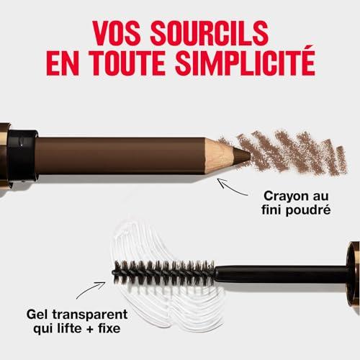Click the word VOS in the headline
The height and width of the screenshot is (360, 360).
(117, 33)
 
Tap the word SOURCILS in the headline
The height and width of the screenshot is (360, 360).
(210, 33)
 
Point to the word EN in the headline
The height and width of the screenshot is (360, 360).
(63, 63)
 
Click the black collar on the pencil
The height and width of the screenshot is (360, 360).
(22, 156)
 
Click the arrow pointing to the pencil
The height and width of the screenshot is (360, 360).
(232, 188)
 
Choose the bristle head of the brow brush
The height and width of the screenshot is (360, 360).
(163, 273)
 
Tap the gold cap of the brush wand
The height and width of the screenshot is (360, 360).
(354, 274)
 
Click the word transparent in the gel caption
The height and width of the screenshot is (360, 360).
(90, 315)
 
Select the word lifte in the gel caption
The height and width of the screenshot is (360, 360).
(71, 328)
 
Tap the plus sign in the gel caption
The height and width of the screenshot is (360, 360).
(91, 329)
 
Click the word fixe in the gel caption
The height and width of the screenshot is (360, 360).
(109, 328)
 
